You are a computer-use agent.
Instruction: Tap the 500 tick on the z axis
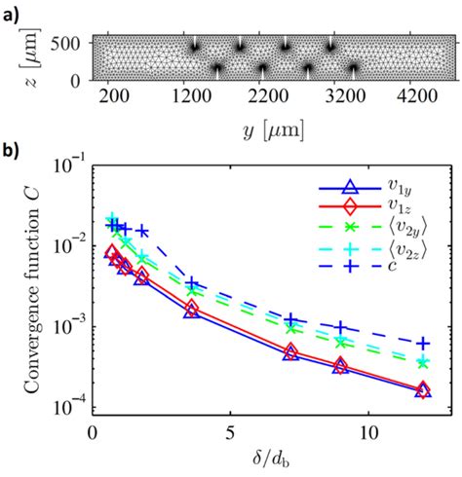71,43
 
